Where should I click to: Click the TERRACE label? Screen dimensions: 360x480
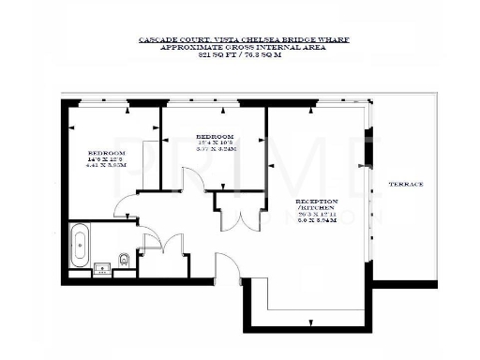pyautogui.click(x=407, y=184)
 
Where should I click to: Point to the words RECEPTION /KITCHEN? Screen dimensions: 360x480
pyautogui.click(x=316, y=206)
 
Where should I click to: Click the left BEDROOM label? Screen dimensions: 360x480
pyautogui.click(x=106, y=153)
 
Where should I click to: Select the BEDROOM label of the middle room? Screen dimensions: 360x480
pyautogui.click(x=215, y=136)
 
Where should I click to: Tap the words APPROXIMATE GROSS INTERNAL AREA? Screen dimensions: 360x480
pyautogui.click(x=240, y=48)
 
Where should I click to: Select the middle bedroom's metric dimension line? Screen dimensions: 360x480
pyautogui.click(x=215, y=149)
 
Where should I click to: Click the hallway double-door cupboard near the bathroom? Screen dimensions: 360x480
pyautogui.click(x=149, y=242)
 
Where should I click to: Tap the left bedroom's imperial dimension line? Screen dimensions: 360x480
pyautogui.click(x=106, y=159)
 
